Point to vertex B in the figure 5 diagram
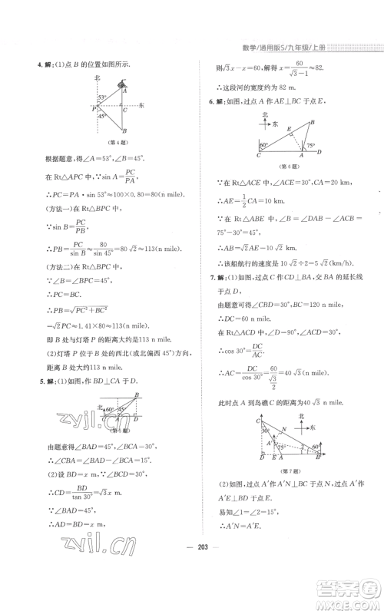coord(136,394)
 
